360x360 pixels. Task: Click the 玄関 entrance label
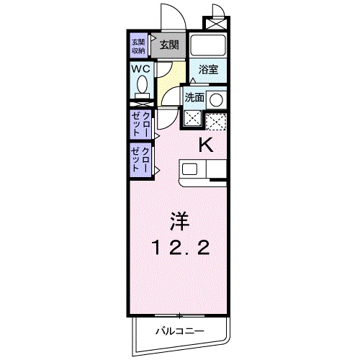coord(169,45)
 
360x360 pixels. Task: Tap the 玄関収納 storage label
coord(138,45)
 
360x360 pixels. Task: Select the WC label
coord(140,68)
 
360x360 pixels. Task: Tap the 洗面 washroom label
coord(194,97)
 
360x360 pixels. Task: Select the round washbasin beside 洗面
coord(216,100)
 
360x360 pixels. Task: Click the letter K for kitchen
coord(206,145)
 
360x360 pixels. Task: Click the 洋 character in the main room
coord(179,217)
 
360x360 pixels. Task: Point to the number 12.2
coord(181,248)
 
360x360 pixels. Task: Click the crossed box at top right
coord(215,21)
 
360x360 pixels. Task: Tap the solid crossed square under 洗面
coord(192,119)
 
